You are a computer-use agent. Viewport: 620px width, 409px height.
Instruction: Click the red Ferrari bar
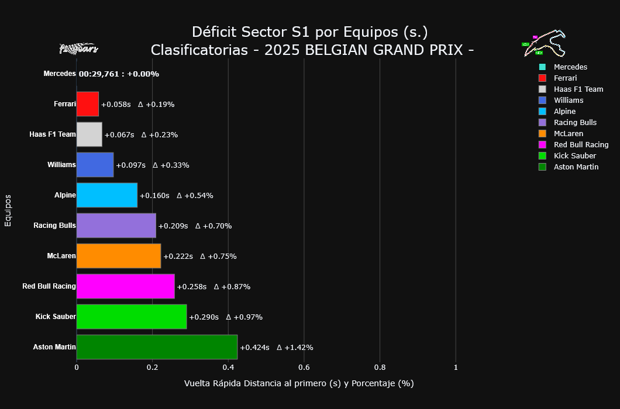[x=88, y=104]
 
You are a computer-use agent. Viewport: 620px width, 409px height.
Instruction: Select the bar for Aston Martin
[x=157, y=347]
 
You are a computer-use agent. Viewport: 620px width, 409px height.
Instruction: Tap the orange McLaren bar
[x=119, y=256]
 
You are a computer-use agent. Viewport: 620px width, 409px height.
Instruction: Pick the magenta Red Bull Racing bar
[x=125, y=286]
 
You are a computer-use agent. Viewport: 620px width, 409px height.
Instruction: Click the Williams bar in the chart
[x=95, y=165]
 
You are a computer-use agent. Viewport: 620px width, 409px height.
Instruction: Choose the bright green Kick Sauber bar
[x=132, y=317]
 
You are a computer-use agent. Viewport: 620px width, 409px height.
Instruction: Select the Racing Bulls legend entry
[x=575, y=123]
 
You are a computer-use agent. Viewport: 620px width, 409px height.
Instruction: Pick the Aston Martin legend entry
[x=576, y=167]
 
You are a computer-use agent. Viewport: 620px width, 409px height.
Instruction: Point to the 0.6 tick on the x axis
[x=304, y=368]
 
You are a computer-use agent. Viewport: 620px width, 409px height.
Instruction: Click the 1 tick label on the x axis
[x=456, y=368]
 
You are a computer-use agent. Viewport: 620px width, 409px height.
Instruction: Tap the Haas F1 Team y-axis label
[x=53, y=134]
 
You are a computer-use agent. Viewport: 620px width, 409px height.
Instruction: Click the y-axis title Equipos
[x=8, y=210]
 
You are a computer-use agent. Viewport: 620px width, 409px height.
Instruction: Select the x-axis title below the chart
[x=298, y=384]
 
